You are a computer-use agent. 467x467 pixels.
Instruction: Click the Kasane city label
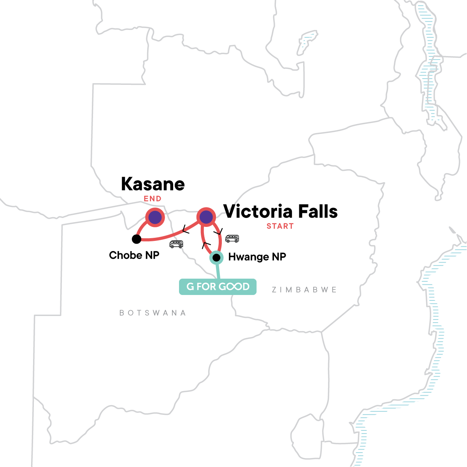click(153, 184)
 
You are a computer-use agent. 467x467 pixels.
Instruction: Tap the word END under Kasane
click(153, 199)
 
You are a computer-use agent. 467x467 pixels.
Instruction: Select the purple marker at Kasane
click(155, 217)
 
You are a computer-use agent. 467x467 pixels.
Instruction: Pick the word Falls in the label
click(317, 212)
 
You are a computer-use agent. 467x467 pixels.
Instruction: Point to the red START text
click(280, 226)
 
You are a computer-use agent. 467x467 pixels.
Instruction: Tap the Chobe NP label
click(134, 255)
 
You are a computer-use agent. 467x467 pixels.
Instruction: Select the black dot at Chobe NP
click(136, 239)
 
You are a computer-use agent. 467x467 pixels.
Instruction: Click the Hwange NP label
click(257, 257)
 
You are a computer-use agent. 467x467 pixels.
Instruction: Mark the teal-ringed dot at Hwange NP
click(216, 258)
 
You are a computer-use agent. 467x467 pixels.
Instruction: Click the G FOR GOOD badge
click(218, 287)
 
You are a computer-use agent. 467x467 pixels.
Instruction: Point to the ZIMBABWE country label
click(304, 290)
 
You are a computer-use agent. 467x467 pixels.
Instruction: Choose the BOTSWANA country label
click(153, 313)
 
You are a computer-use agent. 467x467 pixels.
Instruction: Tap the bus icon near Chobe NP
click(176, 244)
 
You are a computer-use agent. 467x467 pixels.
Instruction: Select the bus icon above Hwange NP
click(232, 239)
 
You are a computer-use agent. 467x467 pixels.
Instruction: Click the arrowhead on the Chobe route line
click(185, 231)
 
